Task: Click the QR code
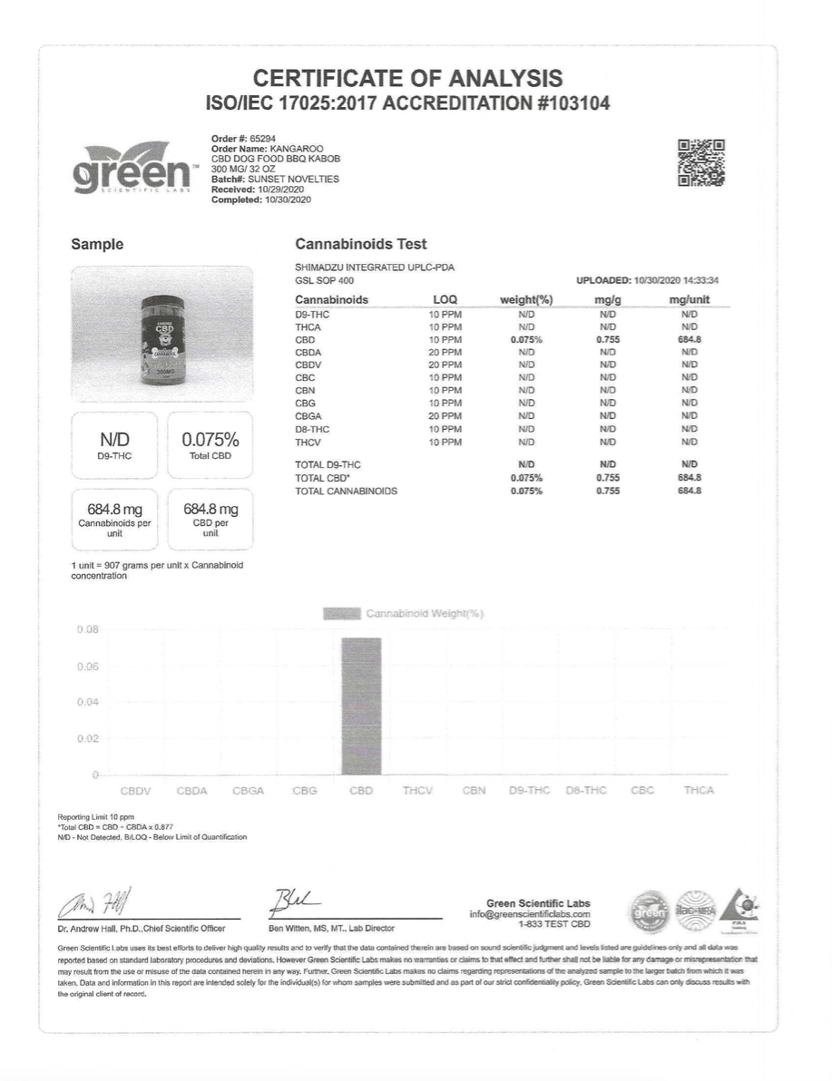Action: click(x=700, y=163)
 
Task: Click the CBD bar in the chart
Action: click(x=361, y=706)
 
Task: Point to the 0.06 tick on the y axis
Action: click(x=85, y=667)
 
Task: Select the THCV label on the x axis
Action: click(x=417, y=791)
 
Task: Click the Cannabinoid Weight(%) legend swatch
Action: click(x=341, y=614)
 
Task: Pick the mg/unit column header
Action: click(x=689, y=299)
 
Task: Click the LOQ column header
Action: click(x=445, y=299)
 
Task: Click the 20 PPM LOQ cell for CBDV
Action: click(x=445, y=364)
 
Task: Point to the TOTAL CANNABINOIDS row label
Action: click(x=346, y=491)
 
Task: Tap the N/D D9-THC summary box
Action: click(x=114, y=443)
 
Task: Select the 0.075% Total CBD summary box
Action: click(x=210, y=443)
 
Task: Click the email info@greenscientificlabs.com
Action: click(x=529, y=914)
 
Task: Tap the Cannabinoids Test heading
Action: click(x=361, y=245)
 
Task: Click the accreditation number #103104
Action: click(x=572, y=103)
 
